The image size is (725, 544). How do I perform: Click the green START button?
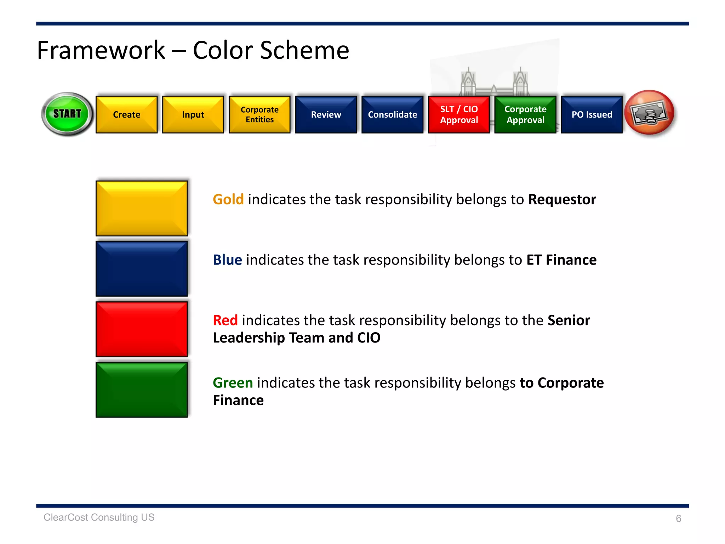67,114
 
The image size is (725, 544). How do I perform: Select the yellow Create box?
126,114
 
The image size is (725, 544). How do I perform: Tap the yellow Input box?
193,114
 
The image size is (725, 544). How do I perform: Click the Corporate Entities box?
259,114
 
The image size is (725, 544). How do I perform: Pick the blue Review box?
326,114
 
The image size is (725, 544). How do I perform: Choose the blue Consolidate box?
392,114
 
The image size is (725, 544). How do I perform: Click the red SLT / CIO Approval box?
459,114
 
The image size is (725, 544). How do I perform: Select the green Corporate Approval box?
525,114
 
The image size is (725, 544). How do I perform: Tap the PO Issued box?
592,114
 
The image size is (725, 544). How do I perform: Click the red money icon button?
650,113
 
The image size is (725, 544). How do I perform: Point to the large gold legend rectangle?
142,208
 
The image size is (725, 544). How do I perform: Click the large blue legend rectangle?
142,269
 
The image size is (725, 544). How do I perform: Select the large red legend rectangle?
142,329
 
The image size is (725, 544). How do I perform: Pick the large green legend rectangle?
142,390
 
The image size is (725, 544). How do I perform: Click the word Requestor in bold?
562,199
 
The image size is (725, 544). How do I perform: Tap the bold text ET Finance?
561,260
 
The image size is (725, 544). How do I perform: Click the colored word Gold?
228,199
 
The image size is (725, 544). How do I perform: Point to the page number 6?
678,518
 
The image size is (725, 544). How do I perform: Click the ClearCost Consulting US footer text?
99,517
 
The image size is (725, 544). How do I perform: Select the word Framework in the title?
101,50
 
